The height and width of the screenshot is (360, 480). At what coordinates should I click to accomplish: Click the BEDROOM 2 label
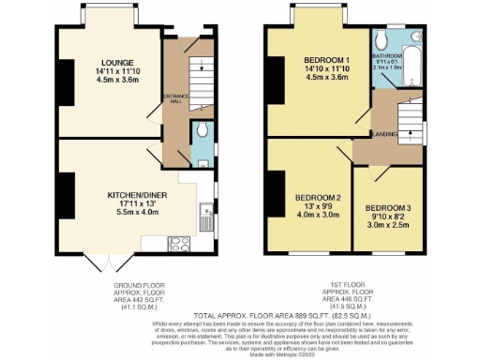coord(317,199)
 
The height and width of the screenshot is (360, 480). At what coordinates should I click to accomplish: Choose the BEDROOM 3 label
coord(387,207)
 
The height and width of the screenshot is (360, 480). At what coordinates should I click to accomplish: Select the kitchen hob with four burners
coord(179,243)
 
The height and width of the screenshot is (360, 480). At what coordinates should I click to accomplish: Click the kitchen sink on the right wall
coord(202,220)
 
